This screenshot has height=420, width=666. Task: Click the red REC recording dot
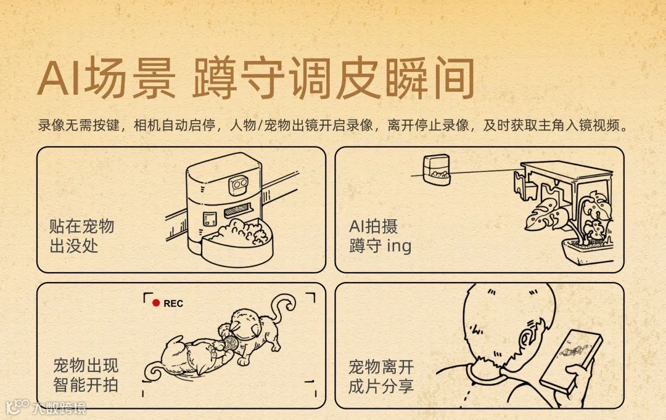pyautogui.click(x=156, y=303)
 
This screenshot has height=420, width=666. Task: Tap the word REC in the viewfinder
pyautogui.click(x=173, y=304)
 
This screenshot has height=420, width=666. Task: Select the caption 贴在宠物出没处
pyautogui.click(x=81, y=236)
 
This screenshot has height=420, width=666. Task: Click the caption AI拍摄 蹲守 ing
pyautogui.click(x=380, y=236)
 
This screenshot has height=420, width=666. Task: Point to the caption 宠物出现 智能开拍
pyautogui.click(x=86, y=376)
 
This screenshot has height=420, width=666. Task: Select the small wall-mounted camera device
pyautogui.click(x=436, y=170)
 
